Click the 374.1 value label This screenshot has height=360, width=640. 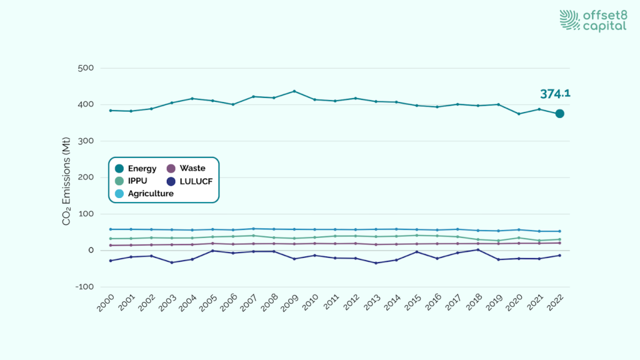[555, 94]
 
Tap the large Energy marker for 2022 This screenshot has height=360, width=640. [560, 113]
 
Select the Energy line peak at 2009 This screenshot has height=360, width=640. [294, 91]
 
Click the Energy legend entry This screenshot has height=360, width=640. [136, 168]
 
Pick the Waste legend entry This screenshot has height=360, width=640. [187, 168]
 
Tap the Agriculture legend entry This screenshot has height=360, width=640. [144, 194]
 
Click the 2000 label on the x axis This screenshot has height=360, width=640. [107, 305]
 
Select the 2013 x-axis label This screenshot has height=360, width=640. [372, 305]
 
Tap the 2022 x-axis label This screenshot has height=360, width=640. [556, 305]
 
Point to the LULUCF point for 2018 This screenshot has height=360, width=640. [478, 249]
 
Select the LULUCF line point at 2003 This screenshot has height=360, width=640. [172, 262]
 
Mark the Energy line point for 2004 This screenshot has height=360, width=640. [192, 98]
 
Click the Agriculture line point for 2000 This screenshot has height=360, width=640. [111, 229]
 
